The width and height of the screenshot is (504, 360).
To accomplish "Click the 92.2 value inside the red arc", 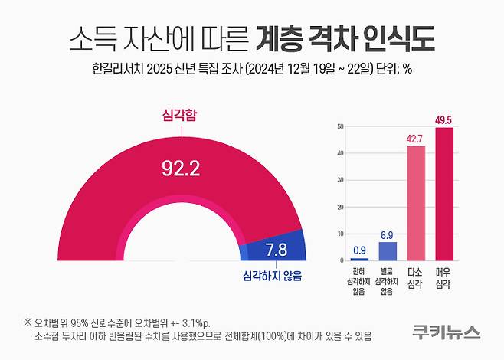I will point(182,167).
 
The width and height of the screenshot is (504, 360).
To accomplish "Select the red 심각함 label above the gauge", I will point(182,116).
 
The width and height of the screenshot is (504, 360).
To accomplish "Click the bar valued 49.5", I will point(444,195).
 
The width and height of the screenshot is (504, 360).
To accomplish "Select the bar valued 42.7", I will point(415,204).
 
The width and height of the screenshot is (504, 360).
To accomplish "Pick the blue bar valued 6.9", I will point(388,251).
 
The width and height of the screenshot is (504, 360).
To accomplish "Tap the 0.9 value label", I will point(359,250).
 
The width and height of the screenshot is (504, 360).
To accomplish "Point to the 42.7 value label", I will point(415,137).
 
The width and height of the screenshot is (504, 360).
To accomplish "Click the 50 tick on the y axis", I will point(339,127).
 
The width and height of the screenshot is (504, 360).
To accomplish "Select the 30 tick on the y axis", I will point(339,180).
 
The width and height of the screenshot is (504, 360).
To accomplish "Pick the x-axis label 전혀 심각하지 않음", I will point(359,282).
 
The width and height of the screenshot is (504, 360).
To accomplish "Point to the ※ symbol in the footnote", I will point(28,322).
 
